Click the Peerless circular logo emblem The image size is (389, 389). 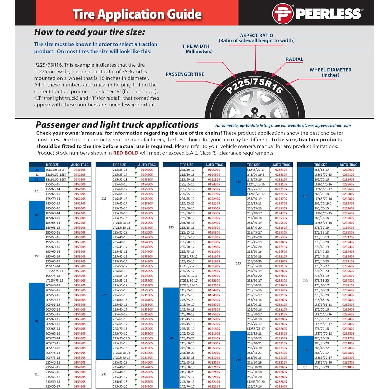(283, 13)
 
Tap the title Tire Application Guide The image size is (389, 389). (137, 14)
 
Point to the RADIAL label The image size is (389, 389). (294, 59)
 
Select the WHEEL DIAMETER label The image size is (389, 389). (330, 72)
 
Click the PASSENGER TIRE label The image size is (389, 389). (185, 74)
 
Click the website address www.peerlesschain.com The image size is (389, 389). (329, 125)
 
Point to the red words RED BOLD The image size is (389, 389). (126, 153)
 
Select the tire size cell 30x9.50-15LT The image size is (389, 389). (55, 170)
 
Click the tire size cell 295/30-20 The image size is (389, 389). (321, 367)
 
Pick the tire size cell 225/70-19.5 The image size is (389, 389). (121, 338)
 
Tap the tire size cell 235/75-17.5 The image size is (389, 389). (188, 276)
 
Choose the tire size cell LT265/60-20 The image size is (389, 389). (256, 382)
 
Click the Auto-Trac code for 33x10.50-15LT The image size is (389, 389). (79, 179)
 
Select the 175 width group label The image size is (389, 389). (37, 191)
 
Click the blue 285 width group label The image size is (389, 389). (305, 350)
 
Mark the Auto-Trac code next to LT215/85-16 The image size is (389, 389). (147, 228)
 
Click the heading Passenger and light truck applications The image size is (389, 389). (117, 125)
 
